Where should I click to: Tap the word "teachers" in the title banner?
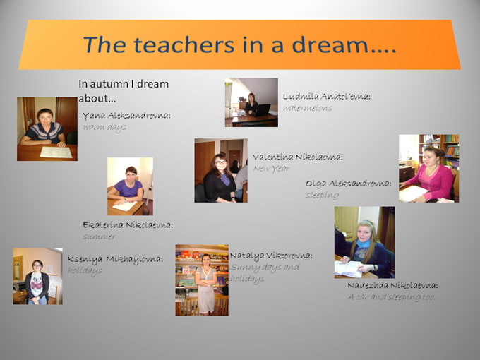(184, 44)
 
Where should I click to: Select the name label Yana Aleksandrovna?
(126, 115)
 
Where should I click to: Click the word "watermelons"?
(307, 108)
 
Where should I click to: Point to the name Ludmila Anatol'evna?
(327, 97)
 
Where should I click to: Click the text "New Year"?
(272, 169)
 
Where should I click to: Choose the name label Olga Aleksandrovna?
(349, 184)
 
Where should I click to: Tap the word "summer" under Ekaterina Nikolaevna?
(100, 236)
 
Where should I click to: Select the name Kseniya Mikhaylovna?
(115, 259)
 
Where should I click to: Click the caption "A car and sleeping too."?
(392, 297)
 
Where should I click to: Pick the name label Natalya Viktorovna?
(271, 256)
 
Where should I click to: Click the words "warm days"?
(104, 127)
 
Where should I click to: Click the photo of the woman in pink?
(428, 169)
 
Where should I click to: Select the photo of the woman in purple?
(130, 186)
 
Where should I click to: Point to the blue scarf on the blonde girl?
(364, 244)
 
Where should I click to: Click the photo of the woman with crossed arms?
(202, 280)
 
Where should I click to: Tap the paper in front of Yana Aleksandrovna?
(56, 152)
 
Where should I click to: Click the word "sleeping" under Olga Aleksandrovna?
(322, 196)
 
